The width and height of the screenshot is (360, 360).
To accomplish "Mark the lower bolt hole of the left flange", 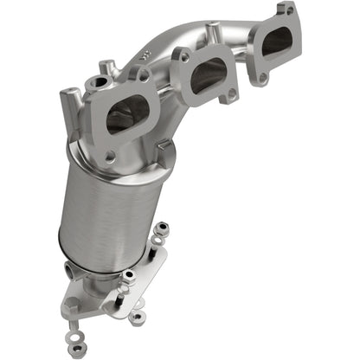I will pos(110,156).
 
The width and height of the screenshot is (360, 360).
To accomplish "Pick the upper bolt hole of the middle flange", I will pos(183,56).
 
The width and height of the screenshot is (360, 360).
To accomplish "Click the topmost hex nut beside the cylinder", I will pos(161,227).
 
